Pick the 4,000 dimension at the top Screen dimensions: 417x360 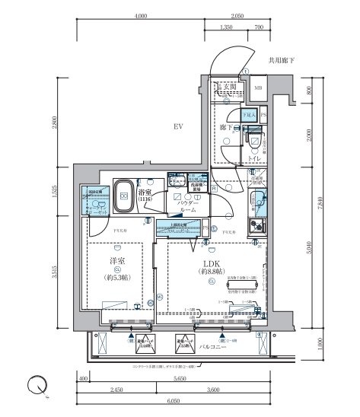(x=139, y=15)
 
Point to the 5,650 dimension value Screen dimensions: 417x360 (x=180, y=378)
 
